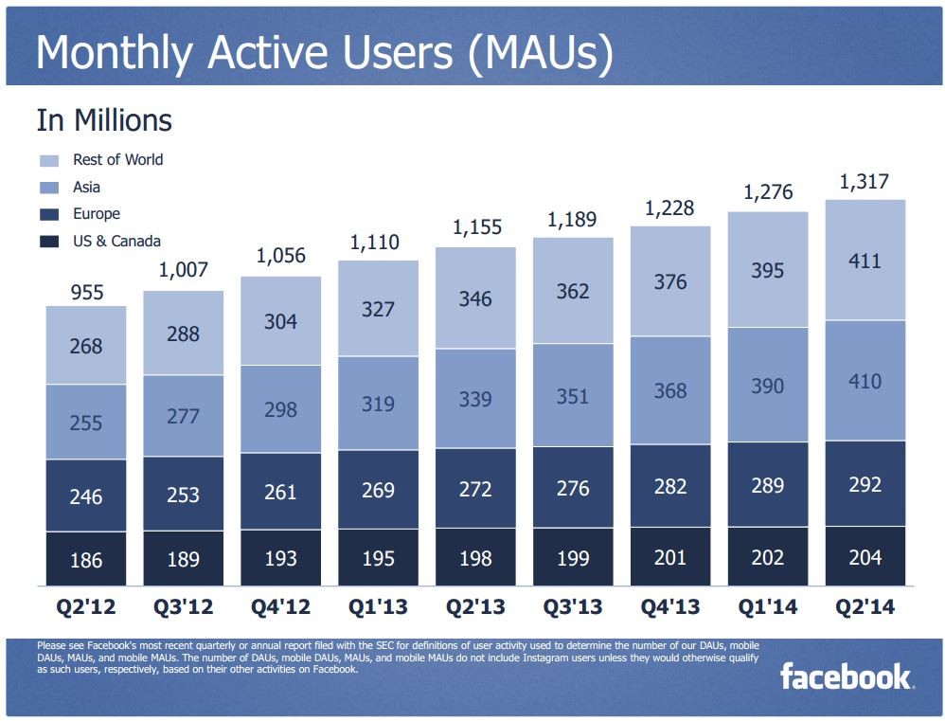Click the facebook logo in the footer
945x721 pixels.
(x=846, y=676)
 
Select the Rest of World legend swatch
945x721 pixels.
(x=49, y=160)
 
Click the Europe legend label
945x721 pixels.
(x=97, y=214)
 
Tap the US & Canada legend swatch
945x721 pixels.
(x=49, y=242)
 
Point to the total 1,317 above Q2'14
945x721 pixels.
(x=865, y=182)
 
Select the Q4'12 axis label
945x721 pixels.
(x=280, y=605)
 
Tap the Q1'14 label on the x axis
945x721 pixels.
(x=767, y=605)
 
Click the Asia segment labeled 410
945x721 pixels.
(x=865, y=381)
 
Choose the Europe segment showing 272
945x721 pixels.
(x=475, y=489)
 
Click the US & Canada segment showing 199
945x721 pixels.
(x=573, y=557)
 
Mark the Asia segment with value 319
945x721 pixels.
(x=378, y=403)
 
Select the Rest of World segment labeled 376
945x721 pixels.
(x=670, y=281)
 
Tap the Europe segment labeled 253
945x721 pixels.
(x=184, y=494)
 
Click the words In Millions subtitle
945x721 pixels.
(x=104, y=121)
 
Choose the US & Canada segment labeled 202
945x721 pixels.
(x=767, y=556)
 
